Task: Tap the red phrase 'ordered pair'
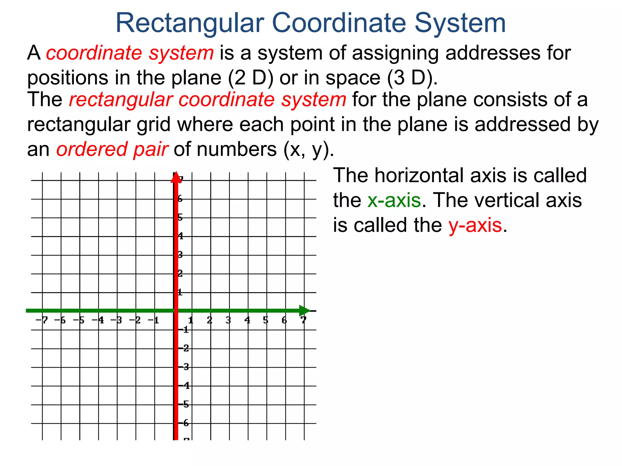pos(112,150)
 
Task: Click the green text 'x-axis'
pos(394,201)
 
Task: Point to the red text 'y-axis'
pos(475,225)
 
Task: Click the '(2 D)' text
pos(251,78)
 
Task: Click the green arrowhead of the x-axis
pos(304,311)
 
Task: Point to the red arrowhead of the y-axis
pos(176,178)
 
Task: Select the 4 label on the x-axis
pos(248,320)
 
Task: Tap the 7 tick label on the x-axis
pos(303,320)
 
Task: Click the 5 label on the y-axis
pos(180,218)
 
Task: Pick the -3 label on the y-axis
pos(184,367)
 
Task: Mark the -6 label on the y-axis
pos(184,423)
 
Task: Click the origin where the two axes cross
pos(176,311)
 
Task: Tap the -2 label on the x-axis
pos(135,320)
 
